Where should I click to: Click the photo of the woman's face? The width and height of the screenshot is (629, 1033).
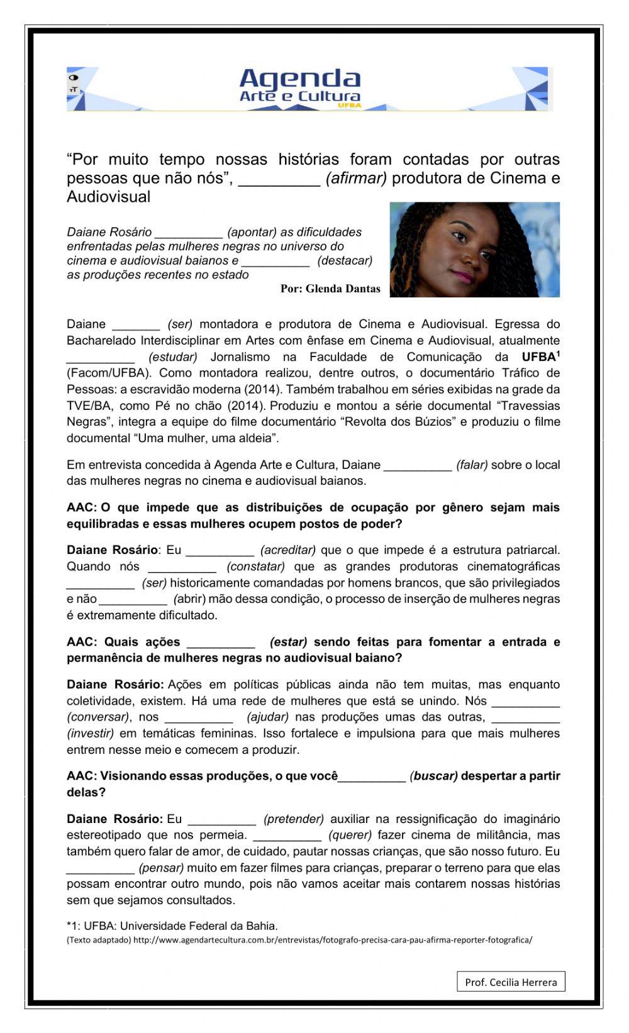click(474, 250)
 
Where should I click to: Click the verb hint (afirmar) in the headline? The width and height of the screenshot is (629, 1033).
click(356, 179)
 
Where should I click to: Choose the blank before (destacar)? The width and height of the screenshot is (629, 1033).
click(276, 261)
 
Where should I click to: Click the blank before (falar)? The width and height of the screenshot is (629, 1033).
click(418, 466)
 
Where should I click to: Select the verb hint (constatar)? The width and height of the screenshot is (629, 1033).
click(256, 566)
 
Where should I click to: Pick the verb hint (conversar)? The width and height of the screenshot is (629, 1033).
click(97, 717)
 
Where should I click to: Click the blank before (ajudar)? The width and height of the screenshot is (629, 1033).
click(199, 717)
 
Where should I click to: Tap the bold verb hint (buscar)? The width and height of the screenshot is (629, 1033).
click(434, 776)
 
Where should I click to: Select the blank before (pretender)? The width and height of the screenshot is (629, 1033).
click(222, 820)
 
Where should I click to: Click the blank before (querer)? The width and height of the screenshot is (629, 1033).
click(287, 836)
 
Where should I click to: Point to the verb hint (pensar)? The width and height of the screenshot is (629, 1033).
click(161, 868)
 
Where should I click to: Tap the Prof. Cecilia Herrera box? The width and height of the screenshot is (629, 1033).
click(511, 981)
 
